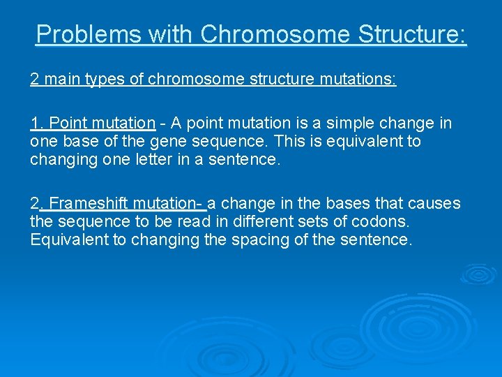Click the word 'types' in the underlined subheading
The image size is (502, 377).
point(102,79)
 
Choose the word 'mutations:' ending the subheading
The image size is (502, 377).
point(362,79)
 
